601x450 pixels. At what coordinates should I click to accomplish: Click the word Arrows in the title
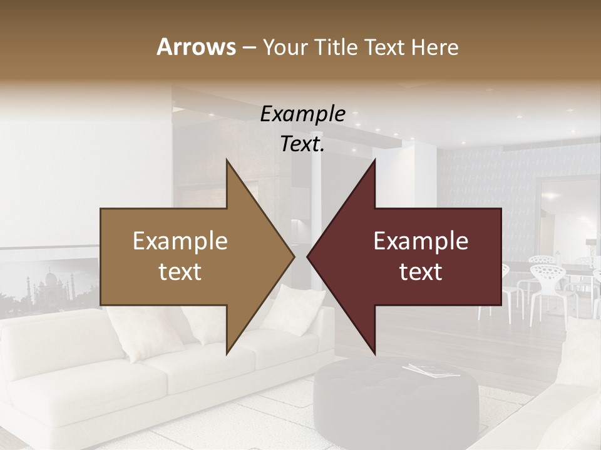click(196, 47)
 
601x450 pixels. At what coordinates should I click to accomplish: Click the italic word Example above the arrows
click(302, 114)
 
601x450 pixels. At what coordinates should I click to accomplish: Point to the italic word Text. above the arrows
click(302, 144)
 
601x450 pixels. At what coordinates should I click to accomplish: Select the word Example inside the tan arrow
click(180, 241)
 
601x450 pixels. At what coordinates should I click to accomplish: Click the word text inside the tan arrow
click(180, 272)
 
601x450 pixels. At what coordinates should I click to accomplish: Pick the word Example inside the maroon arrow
click(421, 241)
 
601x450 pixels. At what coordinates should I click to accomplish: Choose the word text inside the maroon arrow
click(421, 272)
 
